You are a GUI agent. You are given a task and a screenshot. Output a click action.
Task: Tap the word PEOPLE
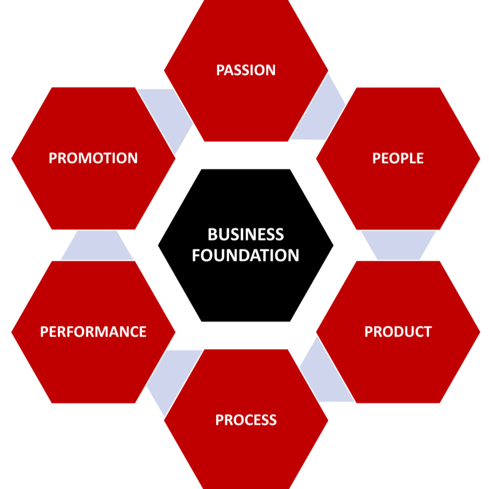pos(398,158)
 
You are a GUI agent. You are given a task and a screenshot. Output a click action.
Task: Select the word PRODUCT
pos(398,332)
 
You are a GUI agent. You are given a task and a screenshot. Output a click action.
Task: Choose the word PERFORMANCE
pos(93,332)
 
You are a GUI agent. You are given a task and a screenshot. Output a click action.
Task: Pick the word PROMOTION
pos(93,158)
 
